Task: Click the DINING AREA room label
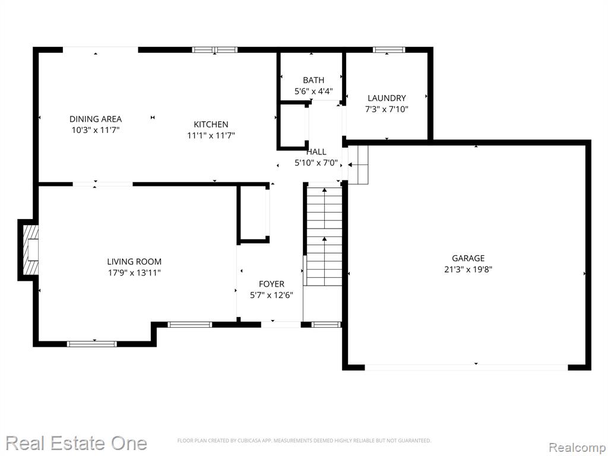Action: click(96, 119)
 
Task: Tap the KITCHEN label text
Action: click(211, 125)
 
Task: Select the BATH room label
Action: click(313, 80)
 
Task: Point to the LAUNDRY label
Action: click(387, 98)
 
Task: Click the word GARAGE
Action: click(468, 258)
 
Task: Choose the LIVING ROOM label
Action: click(134, 262)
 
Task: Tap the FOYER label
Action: click(271, 284)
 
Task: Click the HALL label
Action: click(316, 151)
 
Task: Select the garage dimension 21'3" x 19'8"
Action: click(468, 269)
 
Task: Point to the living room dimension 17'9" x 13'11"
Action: click(134, 273)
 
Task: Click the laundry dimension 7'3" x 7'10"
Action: click(387, 109)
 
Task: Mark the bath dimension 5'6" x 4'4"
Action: click(313, 91)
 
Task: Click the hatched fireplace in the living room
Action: click(31, 249)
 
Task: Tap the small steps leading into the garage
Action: click(357, 165)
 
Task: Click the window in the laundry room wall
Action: click(389, 50)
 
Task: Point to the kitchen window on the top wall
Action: click(215, 50)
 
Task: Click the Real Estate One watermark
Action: click(76, 443)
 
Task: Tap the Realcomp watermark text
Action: click(577, 448)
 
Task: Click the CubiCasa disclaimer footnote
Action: click(304, 441)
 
